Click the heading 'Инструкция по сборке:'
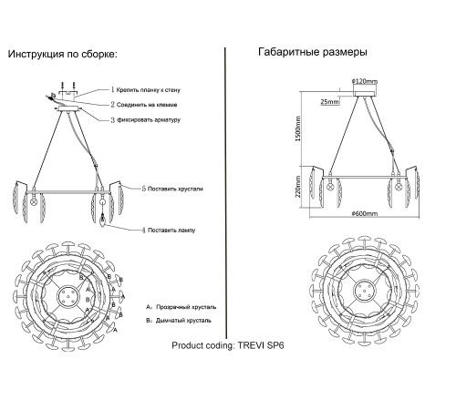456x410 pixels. pyautogui.click(x=63, y=55)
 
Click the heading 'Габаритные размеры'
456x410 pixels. pyautogui.click(x=313, y=52)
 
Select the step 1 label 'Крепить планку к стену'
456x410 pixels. pyautogui.click(x=149, y=90)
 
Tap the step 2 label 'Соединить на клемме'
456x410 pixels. pyautogui.click(x=147, y=105)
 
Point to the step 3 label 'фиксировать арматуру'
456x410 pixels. pyautogui.click(x=149, y=119)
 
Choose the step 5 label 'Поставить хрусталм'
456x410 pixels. pyautogui.click(x=175, y=189)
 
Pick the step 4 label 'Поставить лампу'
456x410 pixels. pyautogui.click(x=171, y=231)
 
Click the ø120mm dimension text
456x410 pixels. pyautogui.click(x=365, y=81)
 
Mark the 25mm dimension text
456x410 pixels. pyautogui.click(x=330, y=102)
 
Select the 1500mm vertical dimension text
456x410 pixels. pyautogui.click(x=298, y=128)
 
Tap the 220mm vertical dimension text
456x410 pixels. pyautogui.click(x=298, y=187)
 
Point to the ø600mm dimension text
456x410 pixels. pyautogui.click(x=365, y=213)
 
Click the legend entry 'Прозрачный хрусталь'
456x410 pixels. pyautogui.click(x=186, y=307)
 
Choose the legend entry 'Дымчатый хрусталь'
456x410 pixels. pyautogui.click(x=183, y=321)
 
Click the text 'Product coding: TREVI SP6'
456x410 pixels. pyautogui.click(x=228, y=345)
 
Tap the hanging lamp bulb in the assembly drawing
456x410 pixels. pyautogui.click(x=103, y=220)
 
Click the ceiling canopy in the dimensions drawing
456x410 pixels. pyautogui.click(x=365, y=92)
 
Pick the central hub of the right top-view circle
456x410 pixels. pyautogui.click(x=365, y=290)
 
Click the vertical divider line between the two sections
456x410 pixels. pyautogui.click(x=225, y=193)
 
